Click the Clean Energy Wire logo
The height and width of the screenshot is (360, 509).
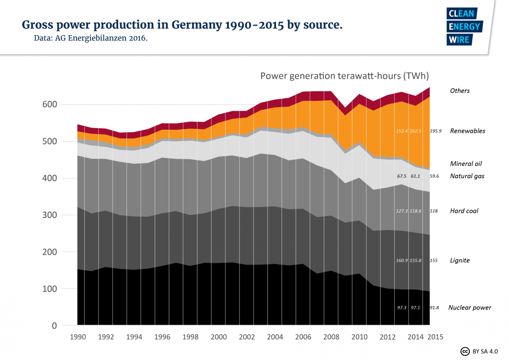pos(464,27)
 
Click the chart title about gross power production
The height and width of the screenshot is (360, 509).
pos(182,25)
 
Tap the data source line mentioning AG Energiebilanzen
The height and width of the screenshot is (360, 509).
pos(90,38)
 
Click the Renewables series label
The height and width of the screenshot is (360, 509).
pos(468,131)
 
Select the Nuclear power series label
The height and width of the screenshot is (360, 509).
pos(469,308)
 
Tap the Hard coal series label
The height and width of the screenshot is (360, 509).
pos(464,211)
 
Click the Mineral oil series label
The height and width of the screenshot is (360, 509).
pos(466,164)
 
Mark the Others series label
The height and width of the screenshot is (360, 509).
pos(460,91)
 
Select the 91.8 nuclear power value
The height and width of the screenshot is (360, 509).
pos(434,308)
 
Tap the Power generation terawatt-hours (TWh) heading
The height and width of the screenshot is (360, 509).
pos(345,76)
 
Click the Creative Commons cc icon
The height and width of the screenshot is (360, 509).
pos(464,351)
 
